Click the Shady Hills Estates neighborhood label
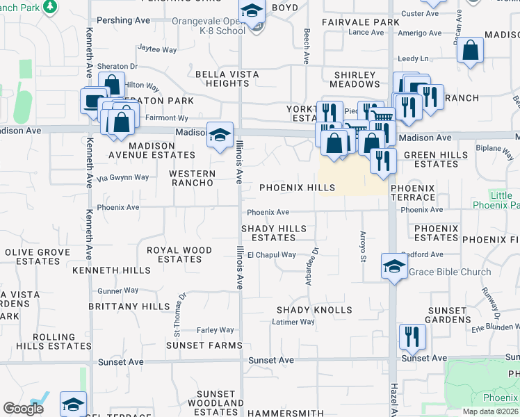pos(273,233)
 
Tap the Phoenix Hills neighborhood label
pos(298,188)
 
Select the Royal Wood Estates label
pos(179,254)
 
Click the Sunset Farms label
pos(195,345)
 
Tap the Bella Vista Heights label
pos(227,79)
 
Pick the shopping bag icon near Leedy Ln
pos(471,50)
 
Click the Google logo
pos(23,409)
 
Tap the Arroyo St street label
pos(362,247)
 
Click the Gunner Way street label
pos(118,290)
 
